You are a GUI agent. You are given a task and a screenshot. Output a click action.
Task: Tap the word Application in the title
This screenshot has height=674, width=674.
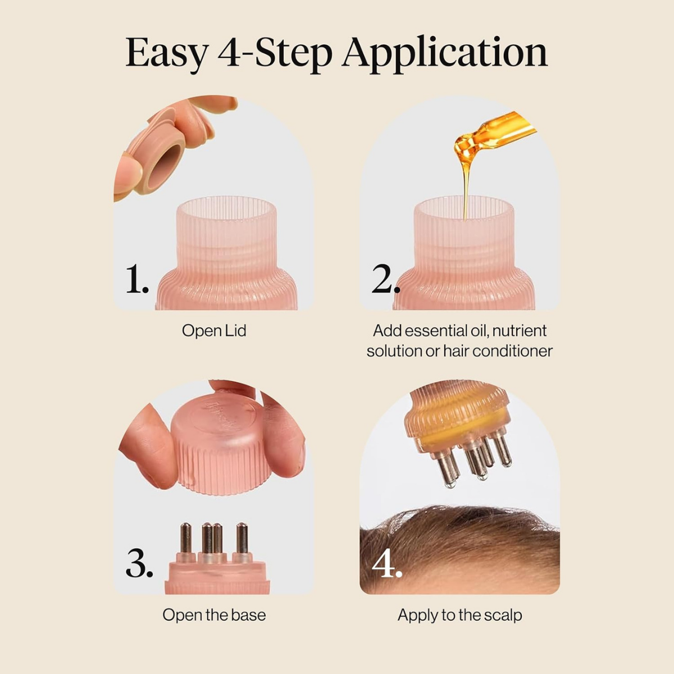444,53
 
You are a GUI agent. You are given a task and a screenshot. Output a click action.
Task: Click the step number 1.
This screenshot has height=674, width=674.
136,279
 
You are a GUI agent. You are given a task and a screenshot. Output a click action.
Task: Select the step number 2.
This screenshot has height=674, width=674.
385,279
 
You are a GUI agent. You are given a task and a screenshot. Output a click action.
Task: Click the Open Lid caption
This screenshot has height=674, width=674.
214,331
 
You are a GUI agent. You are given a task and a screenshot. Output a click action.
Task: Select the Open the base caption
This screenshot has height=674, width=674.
214,615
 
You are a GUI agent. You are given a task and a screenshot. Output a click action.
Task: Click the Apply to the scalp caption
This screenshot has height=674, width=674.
459,615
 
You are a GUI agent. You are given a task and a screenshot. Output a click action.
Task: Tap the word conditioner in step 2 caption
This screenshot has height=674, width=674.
512,351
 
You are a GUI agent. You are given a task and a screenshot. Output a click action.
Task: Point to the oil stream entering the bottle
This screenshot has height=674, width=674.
466,191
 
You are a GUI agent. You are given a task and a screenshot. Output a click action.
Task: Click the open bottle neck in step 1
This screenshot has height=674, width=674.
226,225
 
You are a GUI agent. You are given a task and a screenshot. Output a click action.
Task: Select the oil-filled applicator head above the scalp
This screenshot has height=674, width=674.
458,416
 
